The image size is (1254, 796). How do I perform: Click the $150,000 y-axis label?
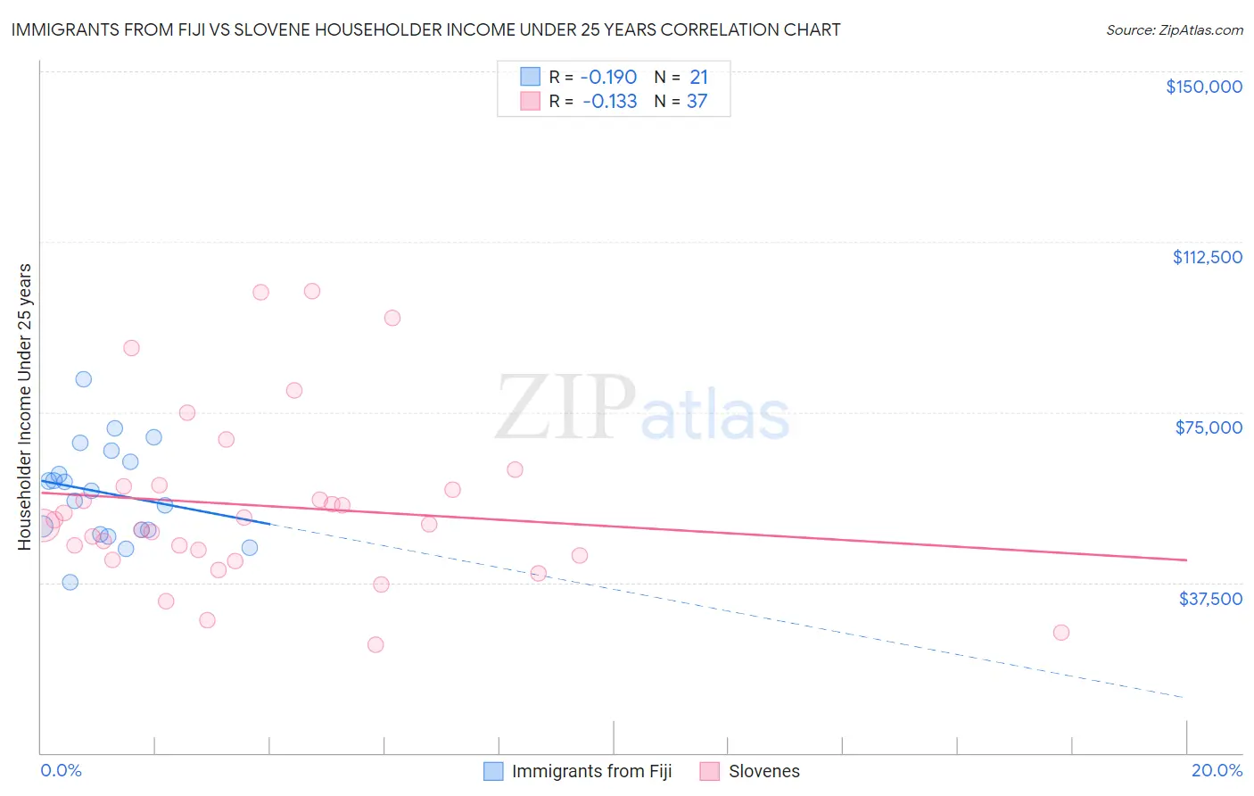coord(1203,87)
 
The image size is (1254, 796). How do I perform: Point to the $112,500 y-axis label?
coord(1207,257)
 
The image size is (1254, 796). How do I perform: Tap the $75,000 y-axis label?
coord(1209,427)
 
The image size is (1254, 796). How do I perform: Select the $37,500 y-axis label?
coord(1209,599)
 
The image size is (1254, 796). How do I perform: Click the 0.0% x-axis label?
coord(61,770)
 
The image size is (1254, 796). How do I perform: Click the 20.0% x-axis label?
coord(1217,770)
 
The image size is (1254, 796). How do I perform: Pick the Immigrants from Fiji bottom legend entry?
coord(590,771)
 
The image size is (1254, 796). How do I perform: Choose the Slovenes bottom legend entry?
coord(763,771)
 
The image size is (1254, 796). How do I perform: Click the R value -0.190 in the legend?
coord(609,77)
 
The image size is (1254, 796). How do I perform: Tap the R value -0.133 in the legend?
coord(609,101)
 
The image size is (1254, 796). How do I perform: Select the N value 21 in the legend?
coord(698,77)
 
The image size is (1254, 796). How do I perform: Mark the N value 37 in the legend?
coord(697,101)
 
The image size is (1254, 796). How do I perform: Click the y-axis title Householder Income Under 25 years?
coord(24,406)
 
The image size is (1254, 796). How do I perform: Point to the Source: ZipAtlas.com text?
coord(1174,29)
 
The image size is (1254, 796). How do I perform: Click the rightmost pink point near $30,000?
coord(1060,632)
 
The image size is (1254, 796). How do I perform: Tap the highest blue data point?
coord(83,378)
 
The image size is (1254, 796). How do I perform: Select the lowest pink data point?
coord(375,644)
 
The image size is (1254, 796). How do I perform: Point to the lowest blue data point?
coord(70,582)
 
